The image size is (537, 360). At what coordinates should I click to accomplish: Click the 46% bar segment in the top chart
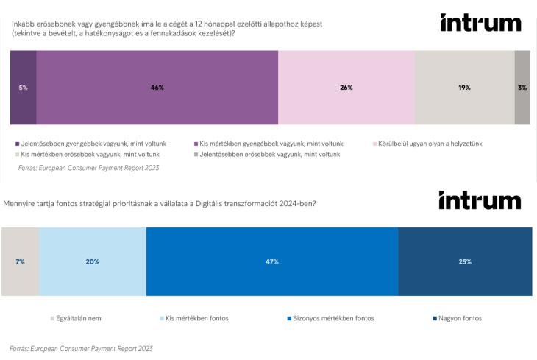[157, 87]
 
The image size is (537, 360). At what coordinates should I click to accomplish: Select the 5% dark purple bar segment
[23, 87]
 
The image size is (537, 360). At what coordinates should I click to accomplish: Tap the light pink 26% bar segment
[346, 87]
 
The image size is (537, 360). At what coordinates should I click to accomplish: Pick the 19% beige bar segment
[464, 87]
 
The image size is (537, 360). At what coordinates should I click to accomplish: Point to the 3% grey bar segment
[522, 87]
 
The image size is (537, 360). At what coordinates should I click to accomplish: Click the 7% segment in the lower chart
[20, 261]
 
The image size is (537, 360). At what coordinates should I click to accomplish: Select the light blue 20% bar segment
[93, 261]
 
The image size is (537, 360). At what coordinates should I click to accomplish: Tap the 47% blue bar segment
[272, 261]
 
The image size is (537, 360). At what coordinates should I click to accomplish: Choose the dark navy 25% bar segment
[464, 261]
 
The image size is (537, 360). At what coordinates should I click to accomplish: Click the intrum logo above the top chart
[480, 23]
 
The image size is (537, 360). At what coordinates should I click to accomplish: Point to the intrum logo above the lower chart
[479, 200]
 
